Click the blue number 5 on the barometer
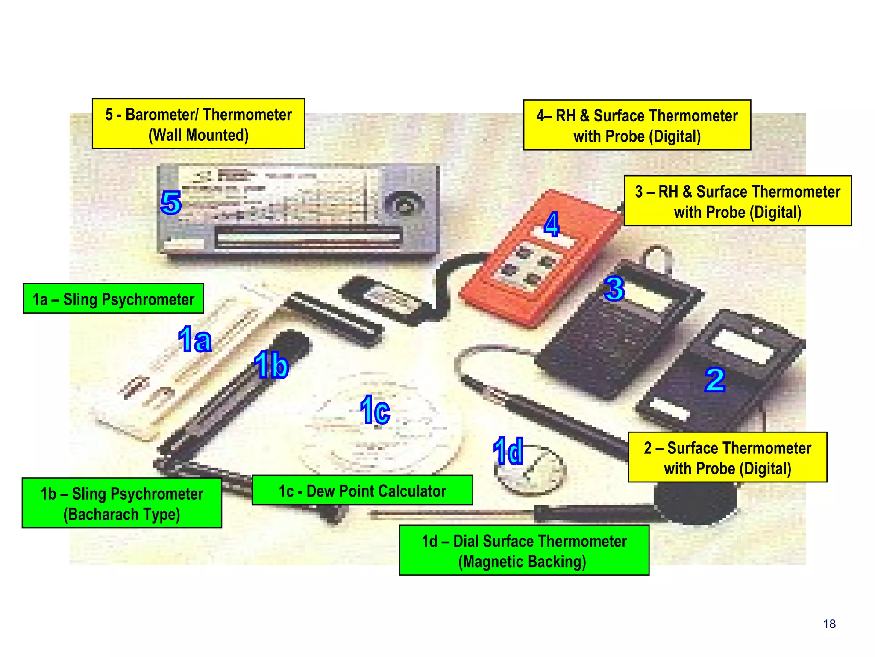pos(171,203)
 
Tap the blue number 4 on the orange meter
pos(552,224)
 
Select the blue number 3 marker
pos(614,289)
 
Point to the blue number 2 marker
pos(715,380)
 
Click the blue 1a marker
pos(195,340)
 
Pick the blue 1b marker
pos(271,365)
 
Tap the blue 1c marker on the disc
pos(375,410)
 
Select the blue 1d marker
pos(508,451)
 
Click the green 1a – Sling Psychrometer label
pos(113,299)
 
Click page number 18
pos(829,624)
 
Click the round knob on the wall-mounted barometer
pos(404,205)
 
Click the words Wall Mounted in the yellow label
pos(198,135)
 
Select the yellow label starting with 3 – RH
pos(737,201)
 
